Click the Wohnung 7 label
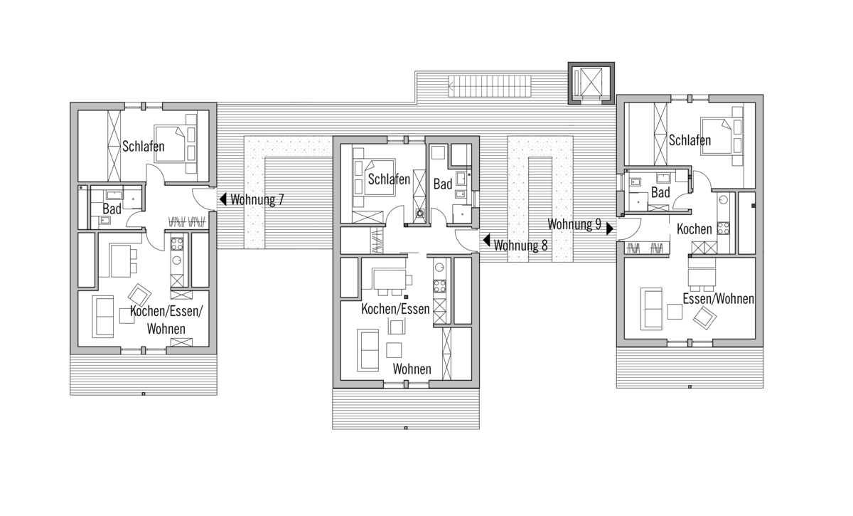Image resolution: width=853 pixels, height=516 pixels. pos(257,199)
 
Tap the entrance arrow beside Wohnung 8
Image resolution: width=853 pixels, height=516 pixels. pos(486,241)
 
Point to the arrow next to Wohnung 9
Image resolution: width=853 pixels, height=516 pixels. pos(610,229)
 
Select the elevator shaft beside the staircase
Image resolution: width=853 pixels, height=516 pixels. pos(591,83)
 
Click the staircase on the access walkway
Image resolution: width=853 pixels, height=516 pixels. pos(490,86)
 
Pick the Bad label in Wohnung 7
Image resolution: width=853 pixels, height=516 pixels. pos(112,209)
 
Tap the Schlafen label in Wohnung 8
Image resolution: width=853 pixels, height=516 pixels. pos(389,179)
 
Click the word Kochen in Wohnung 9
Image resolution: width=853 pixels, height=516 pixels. pos(694,229)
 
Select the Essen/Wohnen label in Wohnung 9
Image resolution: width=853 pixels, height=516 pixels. pos(718,299)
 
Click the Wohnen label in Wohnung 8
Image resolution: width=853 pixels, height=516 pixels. pos(412,369)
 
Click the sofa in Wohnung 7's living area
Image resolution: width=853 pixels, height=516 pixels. pos(103,317)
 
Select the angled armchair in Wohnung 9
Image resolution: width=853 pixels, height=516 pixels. pos(704,318)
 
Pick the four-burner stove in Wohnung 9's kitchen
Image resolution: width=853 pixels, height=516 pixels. pos(723,228)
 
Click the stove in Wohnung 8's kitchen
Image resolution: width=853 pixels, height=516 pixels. pos(440,286)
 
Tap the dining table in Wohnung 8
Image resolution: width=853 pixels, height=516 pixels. pos(390,280)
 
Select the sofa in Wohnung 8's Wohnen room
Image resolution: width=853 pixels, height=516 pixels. pos(368,350)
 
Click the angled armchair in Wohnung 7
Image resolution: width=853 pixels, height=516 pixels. pos(140,295)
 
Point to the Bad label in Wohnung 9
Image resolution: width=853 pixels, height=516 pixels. pos(660,193)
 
